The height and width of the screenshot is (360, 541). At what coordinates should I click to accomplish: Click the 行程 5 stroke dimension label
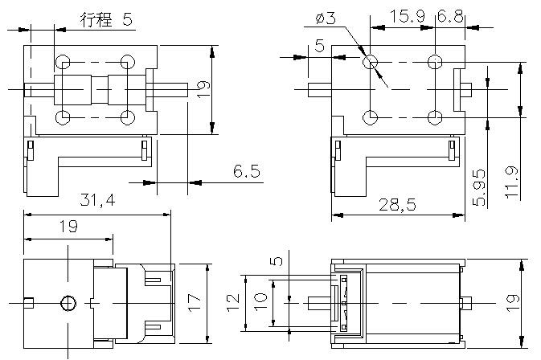tap(106, 19)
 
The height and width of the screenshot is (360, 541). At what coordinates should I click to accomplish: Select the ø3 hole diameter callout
tap(326, 18)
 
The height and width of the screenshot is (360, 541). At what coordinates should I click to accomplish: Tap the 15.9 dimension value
tap(407, 16)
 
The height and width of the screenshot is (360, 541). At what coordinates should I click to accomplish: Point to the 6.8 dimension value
tap(450, 16)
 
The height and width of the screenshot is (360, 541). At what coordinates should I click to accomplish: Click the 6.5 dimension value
tap(246, 171)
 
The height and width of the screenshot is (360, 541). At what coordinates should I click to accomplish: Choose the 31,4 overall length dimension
tap(97, 200)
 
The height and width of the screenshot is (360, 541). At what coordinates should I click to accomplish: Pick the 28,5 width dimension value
tap(397, 205)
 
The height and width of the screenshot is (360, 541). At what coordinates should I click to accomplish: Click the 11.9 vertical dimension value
tap(512, 182)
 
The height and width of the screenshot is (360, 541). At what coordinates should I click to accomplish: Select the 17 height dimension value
tap(194, 303)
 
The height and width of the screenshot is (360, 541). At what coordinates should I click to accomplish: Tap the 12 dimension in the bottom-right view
tap(233, 303)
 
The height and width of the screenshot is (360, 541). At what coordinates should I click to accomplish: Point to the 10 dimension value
tap(260, 302)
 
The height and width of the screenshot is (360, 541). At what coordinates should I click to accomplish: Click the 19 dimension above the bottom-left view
tap(68, 227)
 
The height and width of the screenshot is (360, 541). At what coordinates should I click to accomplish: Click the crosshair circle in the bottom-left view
tap(68, 304)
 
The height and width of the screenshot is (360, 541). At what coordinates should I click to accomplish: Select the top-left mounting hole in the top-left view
tap(63, 63)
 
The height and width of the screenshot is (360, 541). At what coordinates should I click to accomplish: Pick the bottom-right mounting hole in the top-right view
tap(435, 117)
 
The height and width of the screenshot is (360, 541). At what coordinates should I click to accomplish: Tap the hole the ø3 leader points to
tap(371, 63)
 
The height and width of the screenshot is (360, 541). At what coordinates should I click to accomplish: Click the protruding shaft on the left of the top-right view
tap(320, 90)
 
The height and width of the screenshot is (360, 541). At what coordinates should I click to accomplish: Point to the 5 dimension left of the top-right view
tap(320, 46)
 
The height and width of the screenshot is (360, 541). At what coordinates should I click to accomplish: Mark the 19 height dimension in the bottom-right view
tap(512, 304)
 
